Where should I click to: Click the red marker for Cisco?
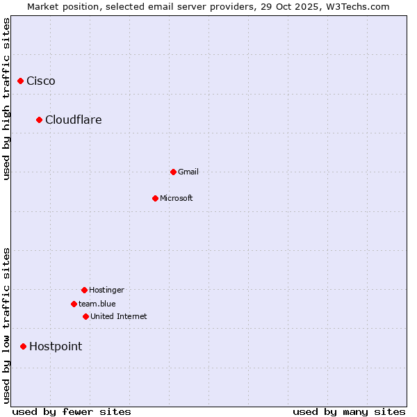click(20, 81)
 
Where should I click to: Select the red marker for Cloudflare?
click(39, 120)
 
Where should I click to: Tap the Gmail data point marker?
click(173, 172)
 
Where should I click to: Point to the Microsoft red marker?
click(155, 198)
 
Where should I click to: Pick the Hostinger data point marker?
click(84, 290)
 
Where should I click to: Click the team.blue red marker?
click(74, 304)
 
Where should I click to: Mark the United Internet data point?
click(85, 316)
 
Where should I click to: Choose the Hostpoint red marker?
click(23, 346)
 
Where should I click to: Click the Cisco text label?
click(41, 81)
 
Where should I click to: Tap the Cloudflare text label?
click(74, 120)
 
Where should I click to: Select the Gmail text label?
click(188, 172)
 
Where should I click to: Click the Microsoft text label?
click(177, 198)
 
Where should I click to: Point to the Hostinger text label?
click(106, 290)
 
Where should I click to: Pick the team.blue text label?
click(97, 304)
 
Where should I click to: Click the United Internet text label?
click(119, 316)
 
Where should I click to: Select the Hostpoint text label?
click(56, 346)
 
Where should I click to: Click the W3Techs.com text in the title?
click(356, 6)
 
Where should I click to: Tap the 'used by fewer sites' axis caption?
click(72, 411)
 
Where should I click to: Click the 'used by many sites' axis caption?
click(349, 411)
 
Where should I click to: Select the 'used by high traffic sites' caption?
click(6, 99)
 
